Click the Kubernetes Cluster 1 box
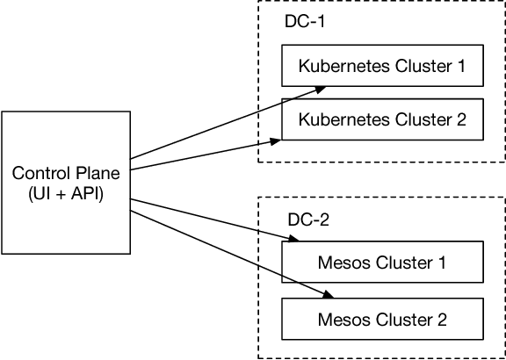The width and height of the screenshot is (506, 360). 382,66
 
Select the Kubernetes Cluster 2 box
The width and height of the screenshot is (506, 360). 382,119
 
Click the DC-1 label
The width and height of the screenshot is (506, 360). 304,21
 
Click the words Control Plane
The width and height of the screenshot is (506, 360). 65,171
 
